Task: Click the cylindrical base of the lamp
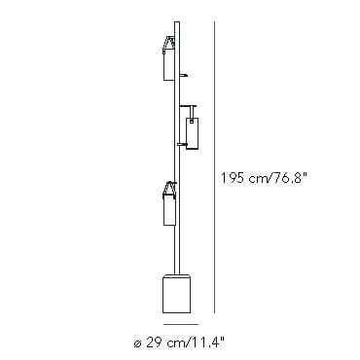point(176,293)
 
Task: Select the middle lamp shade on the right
point(192,133)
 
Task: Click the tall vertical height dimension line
point(214,167)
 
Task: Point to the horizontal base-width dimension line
point(181,324)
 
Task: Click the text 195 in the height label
point(233,178)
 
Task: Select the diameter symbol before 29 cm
point(137,343)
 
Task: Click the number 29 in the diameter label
point(151,342)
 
